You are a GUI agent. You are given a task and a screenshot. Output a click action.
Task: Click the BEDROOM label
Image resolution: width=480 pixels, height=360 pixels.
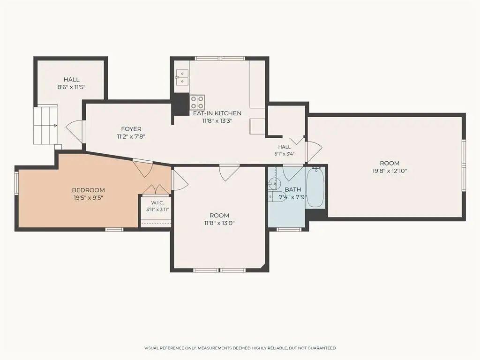[x=88, y=190]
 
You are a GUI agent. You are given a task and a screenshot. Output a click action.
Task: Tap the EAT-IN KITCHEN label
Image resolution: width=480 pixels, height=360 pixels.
[x=217, y=113]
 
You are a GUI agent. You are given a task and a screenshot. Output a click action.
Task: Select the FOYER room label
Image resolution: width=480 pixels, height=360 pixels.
[x=131, y=129]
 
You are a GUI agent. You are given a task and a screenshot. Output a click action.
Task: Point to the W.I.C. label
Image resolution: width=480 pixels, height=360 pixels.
[x=157, y=202]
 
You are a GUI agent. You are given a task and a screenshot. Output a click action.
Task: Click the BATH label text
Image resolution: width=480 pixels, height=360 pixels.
[x=292, y=189]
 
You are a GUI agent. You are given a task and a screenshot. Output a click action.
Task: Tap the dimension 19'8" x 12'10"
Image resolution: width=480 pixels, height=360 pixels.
[x=390, y=171]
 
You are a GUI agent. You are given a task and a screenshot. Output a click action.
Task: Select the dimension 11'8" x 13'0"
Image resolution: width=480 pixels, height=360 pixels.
[x=219, y=223]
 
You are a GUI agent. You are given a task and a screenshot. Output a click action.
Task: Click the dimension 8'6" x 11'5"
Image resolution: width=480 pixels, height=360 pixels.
[x=71, y=87]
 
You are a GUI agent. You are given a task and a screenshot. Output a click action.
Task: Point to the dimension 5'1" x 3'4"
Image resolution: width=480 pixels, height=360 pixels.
[x=285, y=154]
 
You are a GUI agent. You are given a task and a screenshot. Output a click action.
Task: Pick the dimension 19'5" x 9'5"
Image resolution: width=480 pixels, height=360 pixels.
[x=88, y=198]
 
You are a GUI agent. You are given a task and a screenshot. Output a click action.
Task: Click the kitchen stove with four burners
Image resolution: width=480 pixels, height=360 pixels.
[x=197, y=102]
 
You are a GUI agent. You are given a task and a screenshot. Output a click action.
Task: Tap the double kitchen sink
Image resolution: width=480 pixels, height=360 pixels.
[x=182, y=76]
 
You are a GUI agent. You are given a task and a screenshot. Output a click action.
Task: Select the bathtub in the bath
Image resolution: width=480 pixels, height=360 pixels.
[x=315, y=187]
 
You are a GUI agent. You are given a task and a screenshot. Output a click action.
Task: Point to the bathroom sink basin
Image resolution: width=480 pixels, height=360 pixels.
[x=274, y=184]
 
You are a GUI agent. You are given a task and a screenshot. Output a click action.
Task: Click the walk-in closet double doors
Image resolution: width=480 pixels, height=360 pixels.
[x=156, y=189]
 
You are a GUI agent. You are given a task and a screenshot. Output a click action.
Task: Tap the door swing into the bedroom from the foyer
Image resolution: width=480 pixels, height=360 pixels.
[x=142, y=168]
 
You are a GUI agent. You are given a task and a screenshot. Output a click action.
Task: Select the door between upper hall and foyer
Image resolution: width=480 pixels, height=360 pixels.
[x=75, y=132]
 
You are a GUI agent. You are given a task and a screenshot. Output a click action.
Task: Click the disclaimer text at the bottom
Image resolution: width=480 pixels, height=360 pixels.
[x=240, y=348]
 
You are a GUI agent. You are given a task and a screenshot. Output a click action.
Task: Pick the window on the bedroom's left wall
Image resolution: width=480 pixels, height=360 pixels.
[x=16, y=183]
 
